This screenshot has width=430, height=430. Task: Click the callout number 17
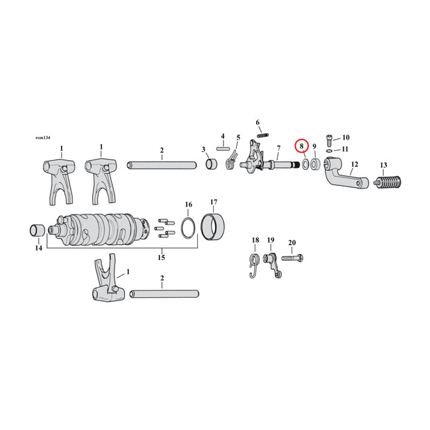(214, 202)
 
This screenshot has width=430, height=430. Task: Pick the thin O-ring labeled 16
(189, 227)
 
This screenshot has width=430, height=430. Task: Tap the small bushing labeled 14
(36, 232)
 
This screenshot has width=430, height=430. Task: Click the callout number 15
(161, 257)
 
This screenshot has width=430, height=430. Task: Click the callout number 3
(204, 150)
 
